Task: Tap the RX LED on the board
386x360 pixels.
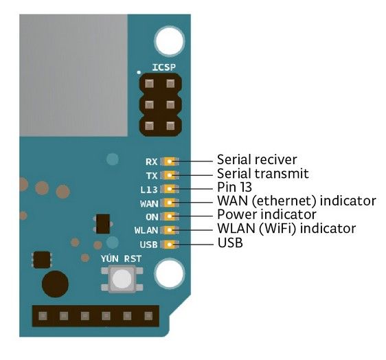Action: pos(170,161)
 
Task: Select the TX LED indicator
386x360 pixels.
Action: pos(170,175)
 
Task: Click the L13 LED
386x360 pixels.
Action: pos(170,189)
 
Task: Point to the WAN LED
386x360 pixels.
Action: pos(170,203)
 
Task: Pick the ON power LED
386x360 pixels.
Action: pos(170,216)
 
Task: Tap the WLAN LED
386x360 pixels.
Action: pos(170,230)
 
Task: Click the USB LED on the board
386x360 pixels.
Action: pos(170,244)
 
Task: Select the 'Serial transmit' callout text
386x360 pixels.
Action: pos(262,174)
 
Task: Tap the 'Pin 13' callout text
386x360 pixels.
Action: pos(235,188)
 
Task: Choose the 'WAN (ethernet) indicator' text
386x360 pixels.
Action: pos(296,201)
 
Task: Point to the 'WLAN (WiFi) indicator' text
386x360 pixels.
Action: pos(286,229)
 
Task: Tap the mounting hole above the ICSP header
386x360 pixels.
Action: pos(168,41)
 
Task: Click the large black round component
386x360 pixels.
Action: pos(55,283)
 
